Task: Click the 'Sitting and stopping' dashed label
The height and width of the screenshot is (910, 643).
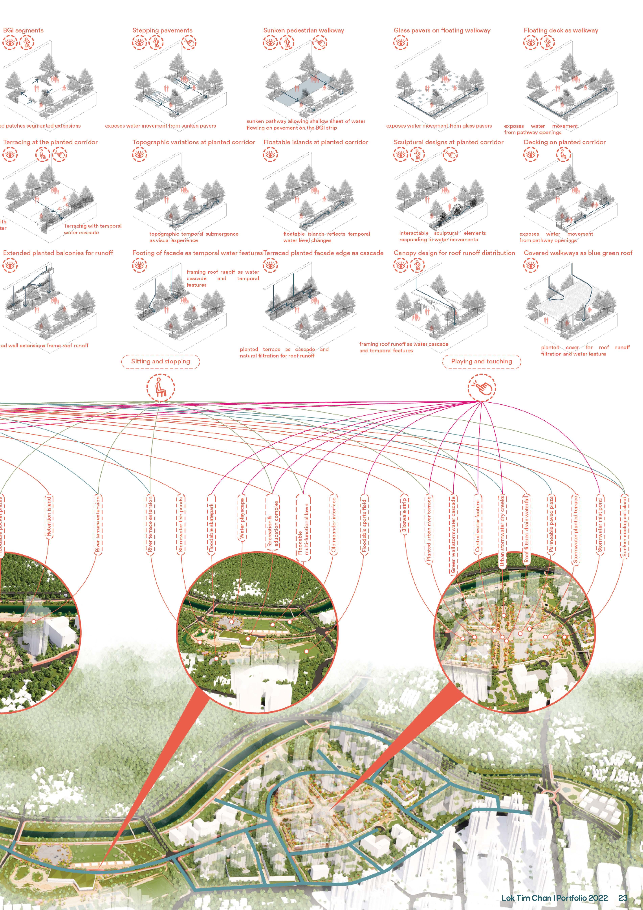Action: [x=160, y=362]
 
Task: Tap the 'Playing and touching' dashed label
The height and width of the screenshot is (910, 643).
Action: [x=481, y=362]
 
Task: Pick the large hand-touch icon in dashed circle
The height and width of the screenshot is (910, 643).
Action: [x=481, y=387]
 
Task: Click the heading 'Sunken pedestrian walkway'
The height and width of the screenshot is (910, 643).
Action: [x=303, y=30]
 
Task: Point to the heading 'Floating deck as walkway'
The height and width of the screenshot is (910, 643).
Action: [x=561, y=30]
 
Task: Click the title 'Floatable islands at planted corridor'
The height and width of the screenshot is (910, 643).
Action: [x=315, y=142]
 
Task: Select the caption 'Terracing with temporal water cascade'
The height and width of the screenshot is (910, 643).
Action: [x=93, y=229]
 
